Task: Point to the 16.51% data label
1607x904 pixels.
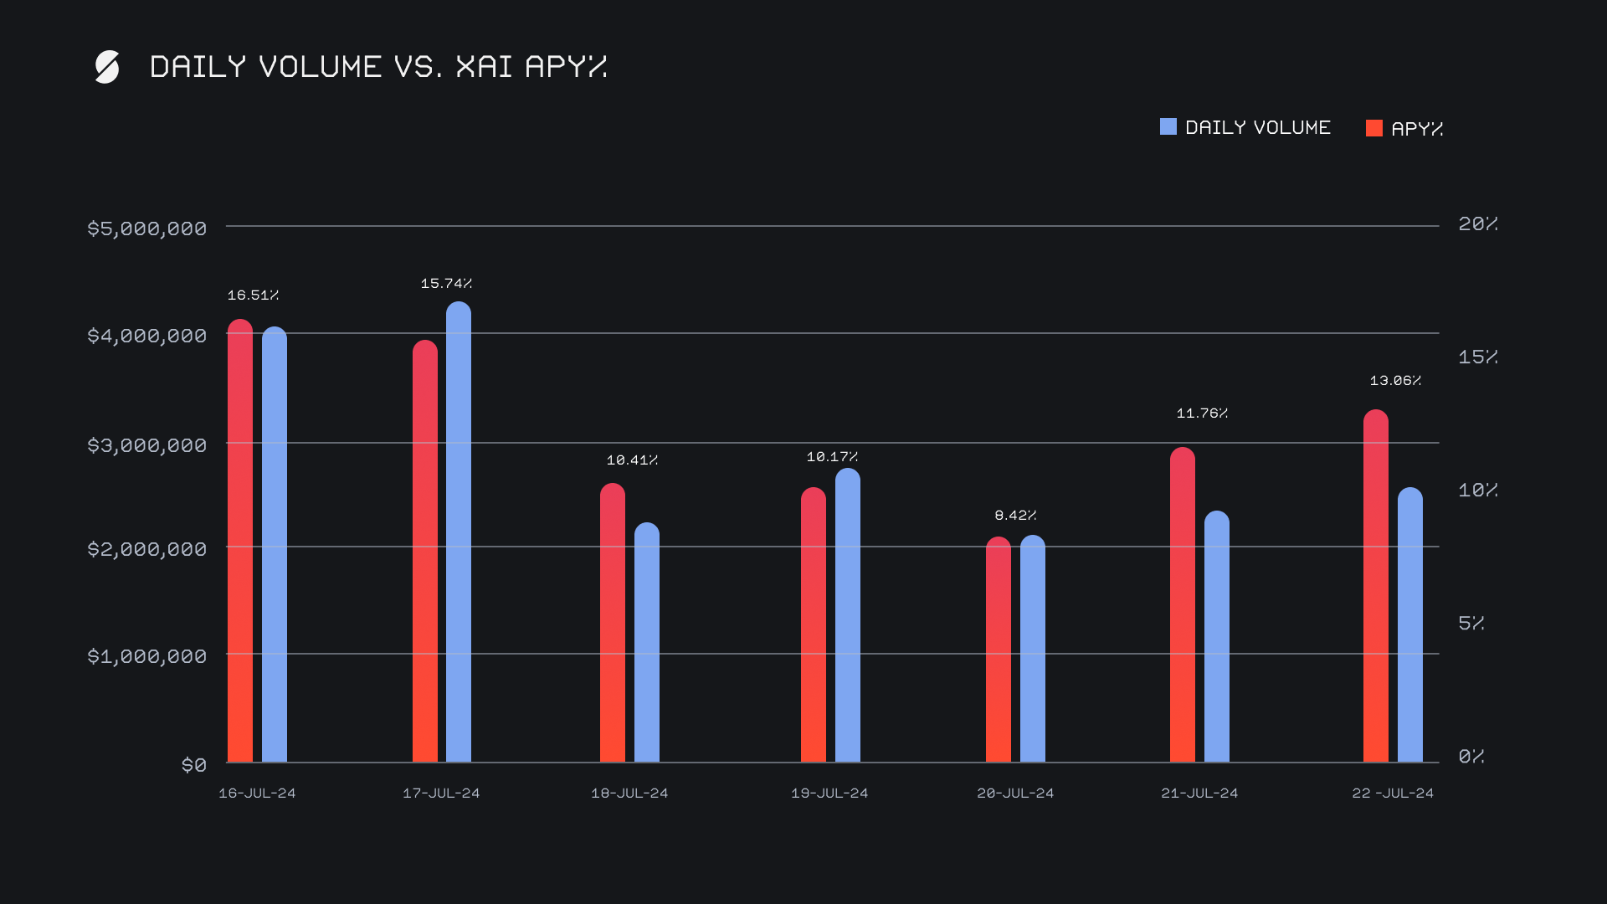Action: pyautogui.click(x=253, y=295)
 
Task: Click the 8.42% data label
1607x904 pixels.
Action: pyautogui.click(x=1015, y=516)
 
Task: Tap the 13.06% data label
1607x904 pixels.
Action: pyautogui.click(x=1395, y=381)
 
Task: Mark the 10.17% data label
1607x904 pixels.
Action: pyautogui.click(x=832, y=457)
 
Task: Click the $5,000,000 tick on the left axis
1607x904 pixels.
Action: pyautogui.click(x=147, y=229)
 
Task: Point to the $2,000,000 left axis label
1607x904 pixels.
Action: pyautogui.click(x=147, y=549)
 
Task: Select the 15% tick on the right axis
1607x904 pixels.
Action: pyautogui.click(x=1477, y=357)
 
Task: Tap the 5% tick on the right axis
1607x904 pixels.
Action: pyautogui.click(x=1471, y=624)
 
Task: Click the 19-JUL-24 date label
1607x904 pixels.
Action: pyautogui.click(x=829, y=794)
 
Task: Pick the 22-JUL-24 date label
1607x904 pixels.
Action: pyautogui.click(x=1393, y=794)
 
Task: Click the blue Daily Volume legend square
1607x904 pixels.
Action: pyautogui.click(x=1168, y=127)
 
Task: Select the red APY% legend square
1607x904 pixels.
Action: pyautogui.click(x=1373, y=128)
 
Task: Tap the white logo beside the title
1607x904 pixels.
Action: pyautogui.click(x=107, y=67)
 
